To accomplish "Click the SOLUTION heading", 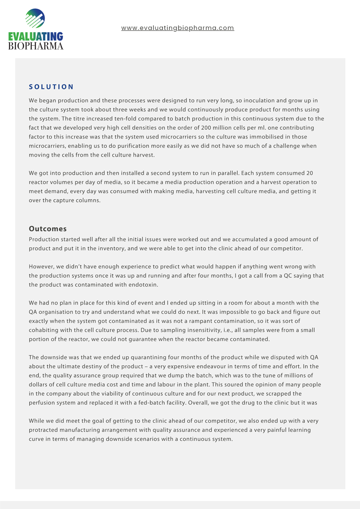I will pyautogui.click(x=51, y=87).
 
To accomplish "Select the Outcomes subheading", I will pyautogui.click(x=48, y=229).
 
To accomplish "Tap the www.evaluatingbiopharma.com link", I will pyautogui.click(x=177, y=28).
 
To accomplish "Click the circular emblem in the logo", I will pyautogui.click(x=35, y=19).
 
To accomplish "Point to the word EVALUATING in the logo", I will pyautogui.click(x=36, y=36).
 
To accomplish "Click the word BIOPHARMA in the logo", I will pyautogui.click(x=36, y=45).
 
